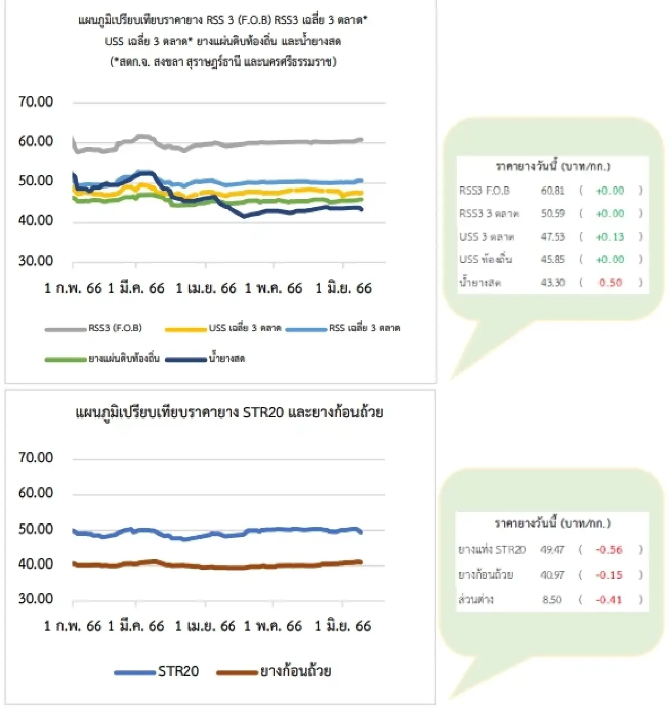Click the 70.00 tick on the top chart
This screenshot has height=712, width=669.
pyautogui.click(x=35, y=101)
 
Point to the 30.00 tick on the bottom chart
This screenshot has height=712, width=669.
pyautogui.click(x=35, y=599)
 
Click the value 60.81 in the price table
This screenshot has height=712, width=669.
pyautogui.click(x=552, y=191)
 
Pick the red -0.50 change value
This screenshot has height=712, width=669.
pyautogui.click(x=610, y=283)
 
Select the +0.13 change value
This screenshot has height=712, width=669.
pyautogui.click(x=610, y=236)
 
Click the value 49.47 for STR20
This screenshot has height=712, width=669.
pyautogui.click(x=552, y=550)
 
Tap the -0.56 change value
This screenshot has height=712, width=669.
pyautogui.click(x=609, y=550)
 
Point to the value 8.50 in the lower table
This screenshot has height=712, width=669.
pyautogui.click(x=552, y=600)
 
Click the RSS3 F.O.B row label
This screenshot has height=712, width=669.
pyautogui.click(x=484, y=191)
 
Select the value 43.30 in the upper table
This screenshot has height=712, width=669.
pyautogui.click(x=552, y=283)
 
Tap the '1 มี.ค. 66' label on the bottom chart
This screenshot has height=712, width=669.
pyautogui.click(x=136, y=626)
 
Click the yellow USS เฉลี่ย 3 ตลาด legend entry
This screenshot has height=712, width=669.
pyautogui.click(x=245, y=328)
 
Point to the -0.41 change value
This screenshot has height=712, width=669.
pyautogui.click(x=609, y=600)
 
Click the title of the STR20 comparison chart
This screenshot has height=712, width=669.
pyautogui.click(x=229, y=413)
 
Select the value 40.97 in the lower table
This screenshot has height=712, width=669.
pyautogui.click(x=552, y=575)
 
